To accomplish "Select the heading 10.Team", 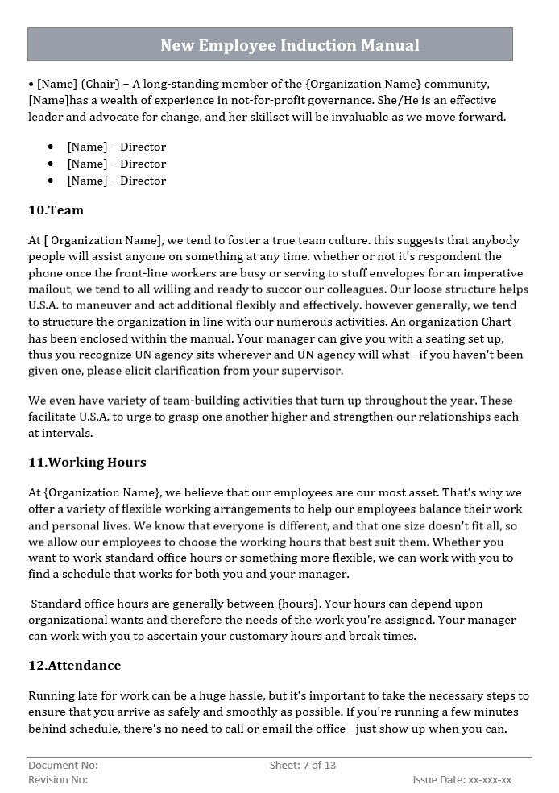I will click(56, 210).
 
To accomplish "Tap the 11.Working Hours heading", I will click(87, 463).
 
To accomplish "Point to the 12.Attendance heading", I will click(74, 666).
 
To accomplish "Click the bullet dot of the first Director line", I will click(51, 147).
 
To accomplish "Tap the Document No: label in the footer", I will click(63, 765).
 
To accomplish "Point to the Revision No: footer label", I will click(58, 779).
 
